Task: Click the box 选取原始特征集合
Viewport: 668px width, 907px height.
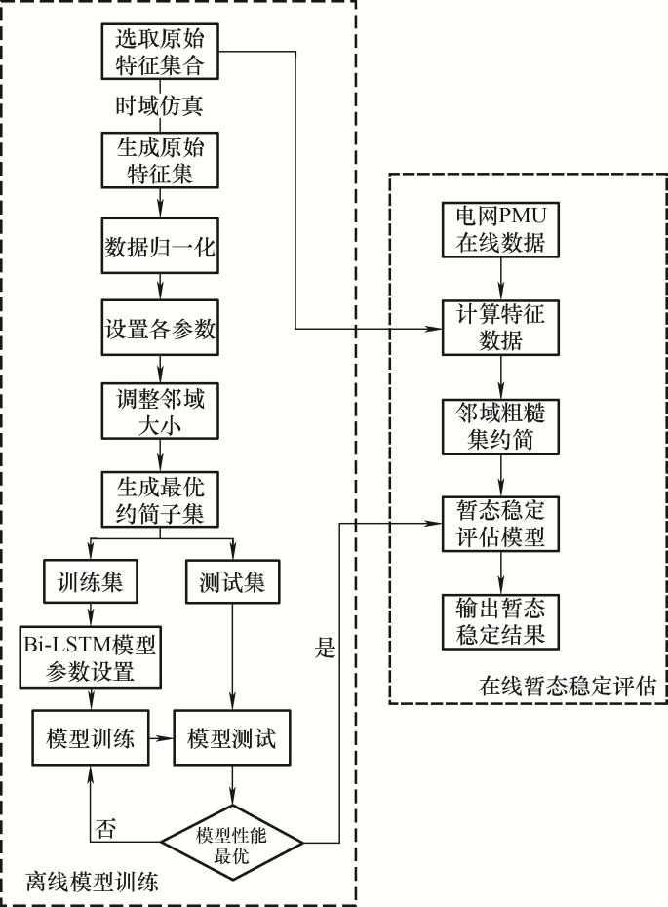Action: coord(161,52)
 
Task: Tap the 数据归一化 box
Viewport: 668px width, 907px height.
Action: coord(161,247)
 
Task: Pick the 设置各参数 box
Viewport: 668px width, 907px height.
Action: coord(161,330)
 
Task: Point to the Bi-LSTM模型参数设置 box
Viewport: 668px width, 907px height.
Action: coord(91,658)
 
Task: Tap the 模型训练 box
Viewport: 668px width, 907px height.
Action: coord(91,738)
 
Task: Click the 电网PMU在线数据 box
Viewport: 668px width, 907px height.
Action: coord(501,228)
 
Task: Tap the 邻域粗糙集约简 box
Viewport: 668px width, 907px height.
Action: coord(501,425)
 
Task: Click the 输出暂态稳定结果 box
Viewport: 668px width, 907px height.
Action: coord(501,621)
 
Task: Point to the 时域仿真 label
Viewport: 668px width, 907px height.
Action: coord(161,104)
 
